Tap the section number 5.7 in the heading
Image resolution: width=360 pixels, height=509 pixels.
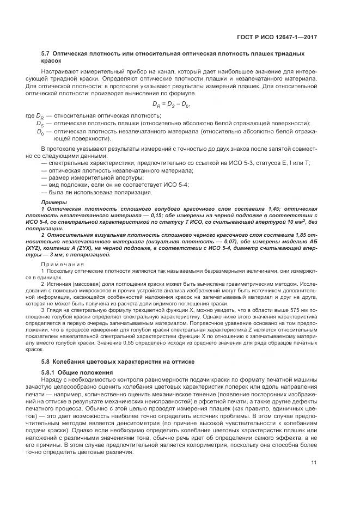(x=46, y=53)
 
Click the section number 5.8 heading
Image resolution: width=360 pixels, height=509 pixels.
(x=46, y=362)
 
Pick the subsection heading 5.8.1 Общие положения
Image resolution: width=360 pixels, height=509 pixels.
(x=76, y=372)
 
